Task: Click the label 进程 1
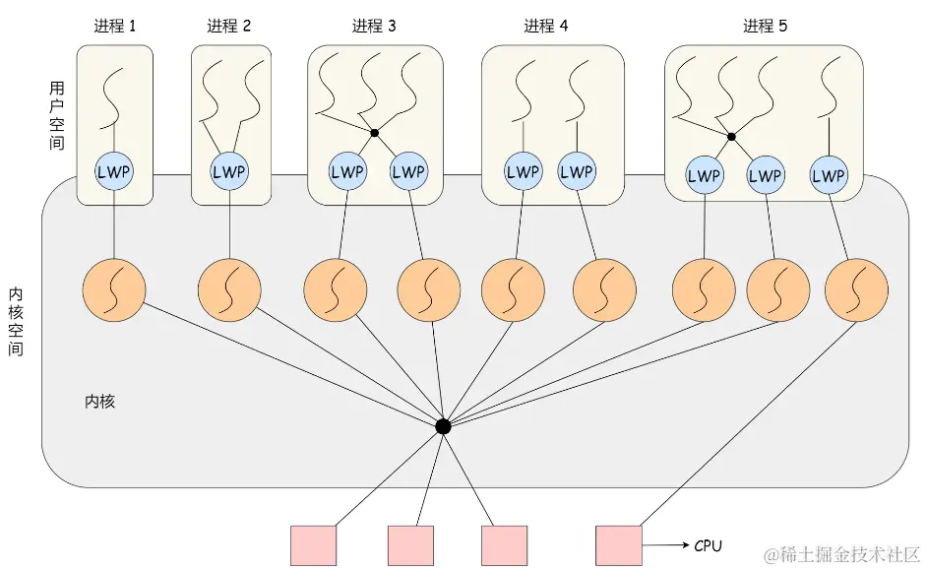pos(116,27)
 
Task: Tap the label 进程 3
pos(374,27)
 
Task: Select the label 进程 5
pos(765,27)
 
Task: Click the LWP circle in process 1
pos(115,171)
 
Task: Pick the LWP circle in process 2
pos(229,171)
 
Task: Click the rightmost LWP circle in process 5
pos(830,176)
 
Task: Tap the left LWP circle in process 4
pos(523,171)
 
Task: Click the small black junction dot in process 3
pos(375,132)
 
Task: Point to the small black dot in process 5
pos(731,137)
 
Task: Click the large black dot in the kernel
pos(443,426)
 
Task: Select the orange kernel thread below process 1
pos(114,290)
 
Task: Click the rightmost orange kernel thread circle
pos(856,290)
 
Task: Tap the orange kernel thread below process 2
pos(229,290)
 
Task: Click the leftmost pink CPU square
pos(314,545)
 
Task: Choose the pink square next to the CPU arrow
pos(619,545)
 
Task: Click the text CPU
pos(710,545)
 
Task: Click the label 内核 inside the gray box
pos(99,402)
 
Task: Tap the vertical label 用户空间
pos(56,115)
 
